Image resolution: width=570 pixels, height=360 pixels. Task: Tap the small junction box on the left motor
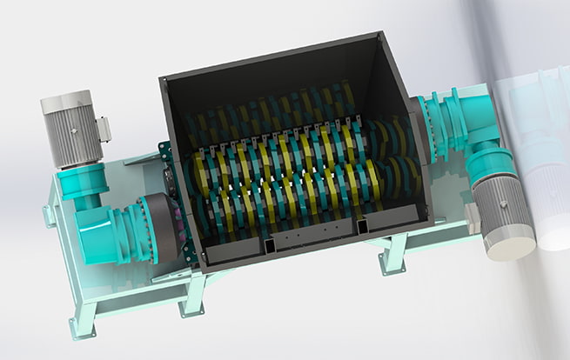click(x=104, y=130)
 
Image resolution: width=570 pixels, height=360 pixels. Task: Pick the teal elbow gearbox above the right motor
click(x=479, y=131)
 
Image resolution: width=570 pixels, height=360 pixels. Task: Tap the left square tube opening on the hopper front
click(x=271, y=247)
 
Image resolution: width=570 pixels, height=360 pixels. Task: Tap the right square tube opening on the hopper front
click(x=362, y=227)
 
